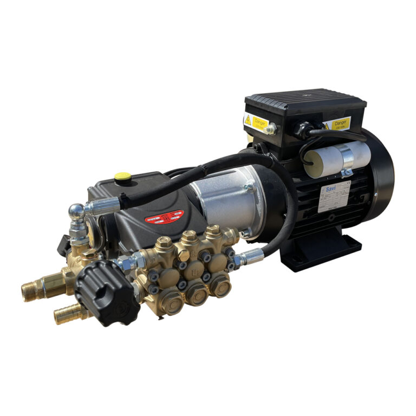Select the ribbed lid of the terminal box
coord(305,102)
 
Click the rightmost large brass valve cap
coord(221,285)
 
